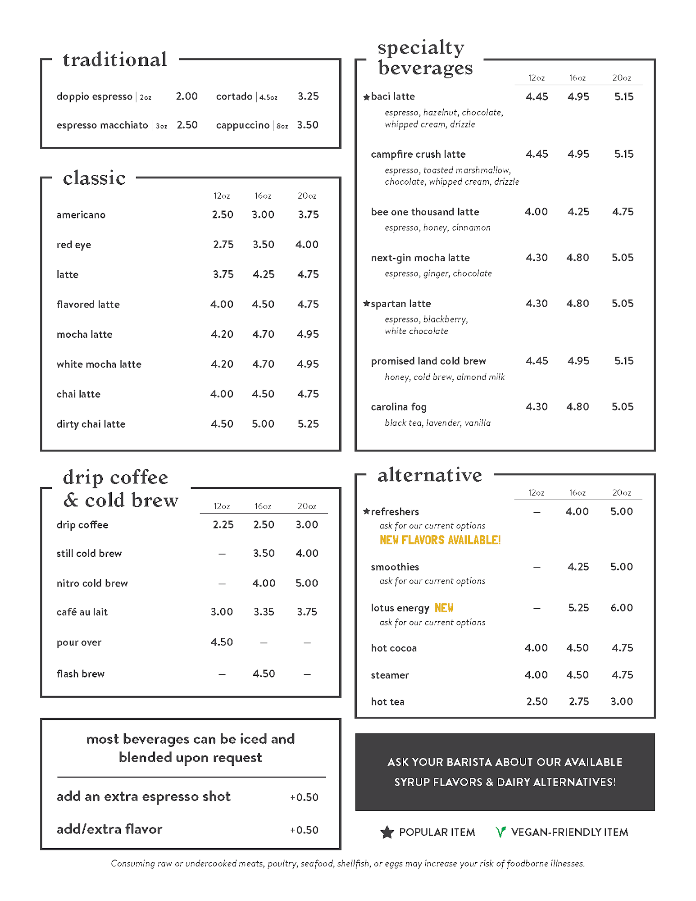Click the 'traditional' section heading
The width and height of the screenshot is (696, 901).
[115, 59]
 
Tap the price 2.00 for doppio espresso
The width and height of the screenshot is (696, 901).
[187, 96]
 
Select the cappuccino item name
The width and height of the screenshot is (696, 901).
[242, 125]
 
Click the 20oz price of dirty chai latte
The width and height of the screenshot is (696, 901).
[308, 424]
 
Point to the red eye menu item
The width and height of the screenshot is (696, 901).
[74, 245]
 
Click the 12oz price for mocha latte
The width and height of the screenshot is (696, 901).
[222, 334]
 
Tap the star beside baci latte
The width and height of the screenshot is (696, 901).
[367, 97]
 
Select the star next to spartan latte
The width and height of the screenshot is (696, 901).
[367, 304]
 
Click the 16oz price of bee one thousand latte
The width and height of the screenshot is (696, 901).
[578, 212]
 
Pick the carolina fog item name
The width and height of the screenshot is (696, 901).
[399, 407]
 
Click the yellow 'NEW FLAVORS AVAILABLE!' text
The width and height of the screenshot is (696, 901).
[440, 540]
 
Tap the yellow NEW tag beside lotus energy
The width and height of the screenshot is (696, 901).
[444, 608]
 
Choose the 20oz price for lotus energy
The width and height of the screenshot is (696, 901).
[622, 608]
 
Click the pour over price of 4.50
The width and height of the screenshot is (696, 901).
[222, 642]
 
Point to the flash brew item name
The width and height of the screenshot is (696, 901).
[81, 674]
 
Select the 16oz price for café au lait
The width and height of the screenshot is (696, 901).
[264, 612]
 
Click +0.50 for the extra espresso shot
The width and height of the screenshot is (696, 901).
[305, 797]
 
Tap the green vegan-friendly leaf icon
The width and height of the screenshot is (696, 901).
[500, 832]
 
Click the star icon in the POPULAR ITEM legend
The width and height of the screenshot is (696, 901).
[387, 832]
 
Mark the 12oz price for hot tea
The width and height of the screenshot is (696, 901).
[537, 701]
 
